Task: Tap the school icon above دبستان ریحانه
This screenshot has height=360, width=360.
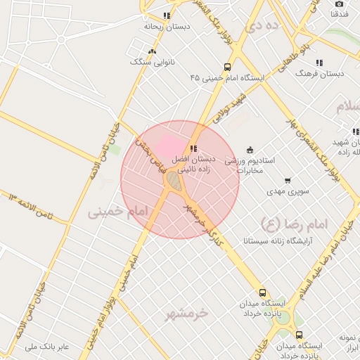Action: pyautogui.click(x=167, y=15)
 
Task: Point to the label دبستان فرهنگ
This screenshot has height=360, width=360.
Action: pyautogui.click(x=320, y=73)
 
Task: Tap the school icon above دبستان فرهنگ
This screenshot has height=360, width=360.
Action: pyautogui.click(x=320, y=63)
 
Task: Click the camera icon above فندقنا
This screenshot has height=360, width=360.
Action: pyautogui.click(x=340, y=4)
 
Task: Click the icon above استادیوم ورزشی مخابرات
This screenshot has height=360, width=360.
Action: pyautogui.click(x=250, y=149)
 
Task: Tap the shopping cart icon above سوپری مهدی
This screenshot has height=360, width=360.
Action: pyautogui.click(x=288, y=181)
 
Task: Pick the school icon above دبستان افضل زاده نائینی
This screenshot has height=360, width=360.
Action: pyautogui.click(x=193, y=148)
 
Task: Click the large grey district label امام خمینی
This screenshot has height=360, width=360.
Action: pyautogui.click(x=120, y=212)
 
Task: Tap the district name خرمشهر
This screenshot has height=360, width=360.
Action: pyautogui.click(x=188, y=311)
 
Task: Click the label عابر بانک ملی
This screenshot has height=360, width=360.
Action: pyautogui.click(x=47, y=347)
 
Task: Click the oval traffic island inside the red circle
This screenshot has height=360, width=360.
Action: pyautogui.click(x=173, y=181)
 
